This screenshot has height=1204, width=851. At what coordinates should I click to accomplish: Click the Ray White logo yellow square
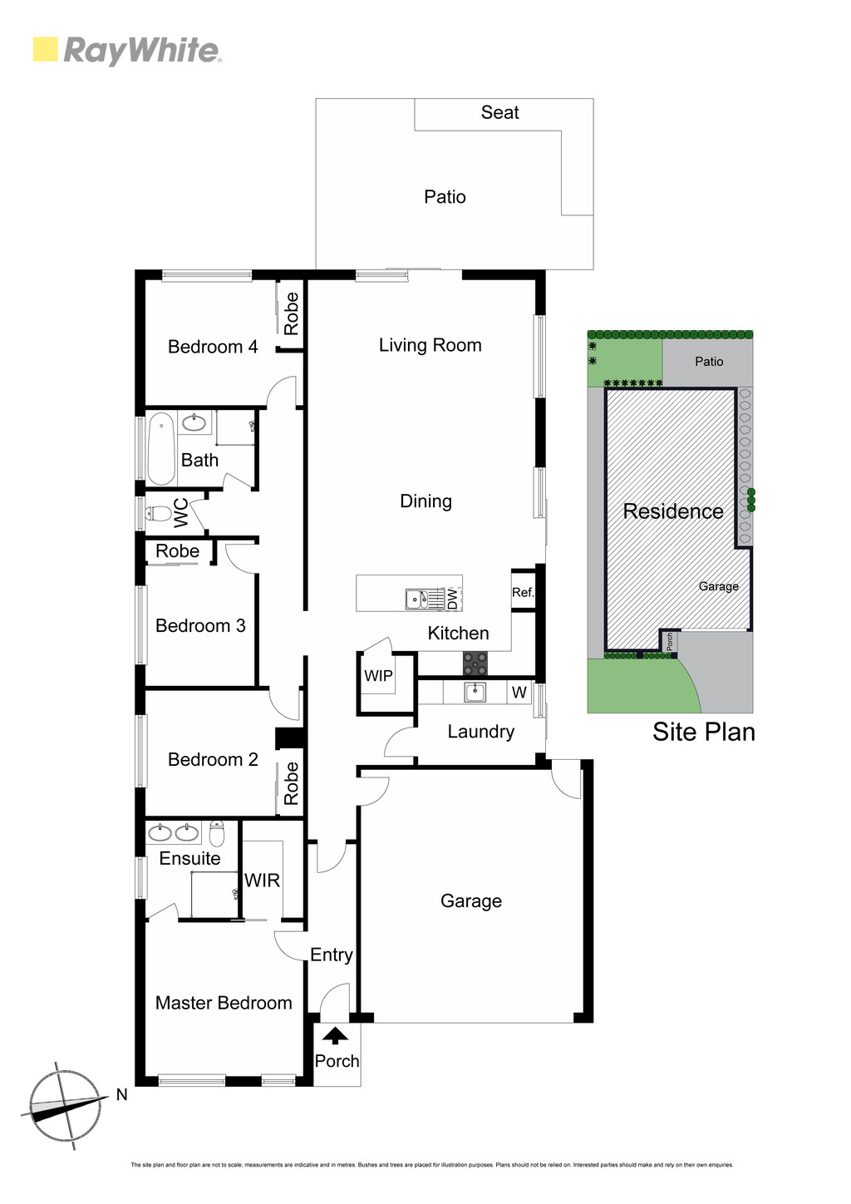[x=45, y=49]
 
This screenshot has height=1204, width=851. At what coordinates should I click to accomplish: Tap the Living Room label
[x=430, y=345]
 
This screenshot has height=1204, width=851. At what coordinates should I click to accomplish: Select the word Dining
[x=426, y=501]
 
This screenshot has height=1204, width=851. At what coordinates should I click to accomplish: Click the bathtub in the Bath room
[x=160, y=448]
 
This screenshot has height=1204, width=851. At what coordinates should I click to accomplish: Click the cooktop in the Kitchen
[x=475, y=663]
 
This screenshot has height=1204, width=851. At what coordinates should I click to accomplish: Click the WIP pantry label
[x=378, y=676]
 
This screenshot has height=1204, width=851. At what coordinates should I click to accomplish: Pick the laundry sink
[x=475, y=693]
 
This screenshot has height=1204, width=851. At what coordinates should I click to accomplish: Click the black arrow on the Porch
[x=335, y=1035]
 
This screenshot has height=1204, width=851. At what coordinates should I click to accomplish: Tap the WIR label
[x=262, y=881]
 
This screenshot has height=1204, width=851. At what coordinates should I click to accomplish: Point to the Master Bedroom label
[x=224, y=1003]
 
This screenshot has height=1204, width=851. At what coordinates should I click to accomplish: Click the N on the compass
[x=122, y=1093]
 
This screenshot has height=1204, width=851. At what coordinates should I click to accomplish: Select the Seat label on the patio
[x=499, y=112]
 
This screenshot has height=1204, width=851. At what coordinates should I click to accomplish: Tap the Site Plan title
[x=704, y=732]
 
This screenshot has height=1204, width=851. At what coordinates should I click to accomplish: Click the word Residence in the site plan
[x=673, y=511]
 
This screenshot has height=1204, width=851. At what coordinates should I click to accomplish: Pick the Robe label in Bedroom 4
[x=291, y=314]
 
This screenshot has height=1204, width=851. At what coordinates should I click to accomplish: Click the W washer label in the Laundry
[x=519, y=693]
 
